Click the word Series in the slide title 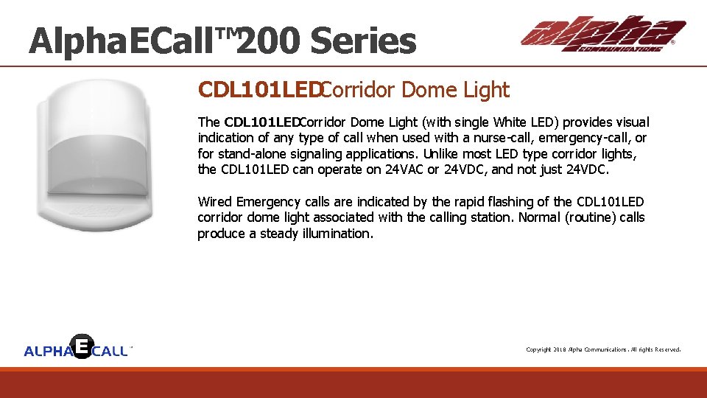click(x=363, y=42)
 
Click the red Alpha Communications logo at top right click(x=602, y=34)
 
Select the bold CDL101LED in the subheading click(x=259, y=91)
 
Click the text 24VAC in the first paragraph click(x=404, y=170)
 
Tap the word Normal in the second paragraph click(x=538, y=217)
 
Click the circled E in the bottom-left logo click(x=83, y=346)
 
